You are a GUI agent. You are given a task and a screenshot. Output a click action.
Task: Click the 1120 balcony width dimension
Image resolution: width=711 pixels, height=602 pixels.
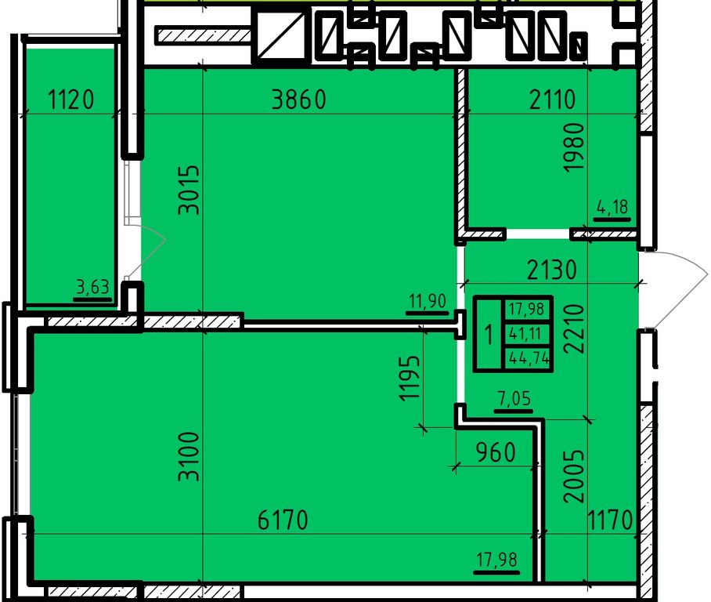point(70,100)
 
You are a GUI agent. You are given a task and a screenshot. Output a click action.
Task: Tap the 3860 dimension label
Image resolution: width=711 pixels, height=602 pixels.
point(299,100)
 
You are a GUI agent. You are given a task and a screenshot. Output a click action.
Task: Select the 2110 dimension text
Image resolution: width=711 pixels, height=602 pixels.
point(552,100)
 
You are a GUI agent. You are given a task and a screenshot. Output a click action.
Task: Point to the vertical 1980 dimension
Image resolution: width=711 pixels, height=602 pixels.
point(573,147)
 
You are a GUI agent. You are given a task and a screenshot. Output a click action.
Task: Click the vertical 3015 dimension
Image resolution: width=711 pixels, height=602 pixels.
point(189,190)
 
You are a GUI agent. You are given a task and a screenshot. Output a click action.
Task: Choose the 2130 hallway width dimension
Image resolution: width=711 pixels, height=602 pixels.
point(552,270)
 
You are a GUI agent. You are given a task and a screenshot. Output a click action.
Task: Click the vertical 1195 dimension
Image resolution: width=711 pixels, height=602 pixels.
point(410,378)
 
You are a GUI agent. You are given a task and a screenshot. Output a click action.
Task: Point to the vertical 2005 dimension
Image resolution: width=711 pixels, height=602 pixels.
point(573,476)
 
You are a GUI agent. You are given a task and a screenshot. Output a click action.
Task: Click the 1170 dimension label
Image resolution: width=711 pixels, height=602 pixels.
point(610,520)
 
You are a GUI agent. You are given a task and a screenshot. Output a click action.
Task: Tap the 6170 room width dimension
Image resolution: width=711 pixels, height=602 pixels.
point(283,520)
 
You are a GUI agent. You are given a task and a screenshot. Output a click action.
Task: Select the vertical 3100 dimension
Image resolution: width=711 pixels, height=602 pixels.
point(189,456)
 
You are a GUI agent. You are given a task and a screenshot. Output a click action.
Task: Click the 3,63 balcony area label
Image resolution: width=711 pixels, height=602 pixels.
point(93,288)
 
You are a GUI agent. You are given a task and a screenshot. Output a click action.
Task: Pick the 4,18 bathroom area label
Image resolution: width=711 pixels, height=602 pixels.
point(612,208)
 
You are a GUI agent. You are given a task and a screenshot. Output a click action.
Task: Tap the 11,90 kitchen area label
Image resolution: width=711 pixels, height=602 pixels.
point(427,301)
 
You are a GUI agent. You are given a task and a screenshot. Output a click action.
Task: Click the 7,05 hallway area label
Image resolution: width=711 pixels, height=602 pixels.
point(514,399)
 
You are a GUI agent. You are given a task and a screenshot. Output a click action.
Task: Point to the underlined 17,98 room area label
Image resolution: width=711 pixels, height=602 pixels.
point(497,560)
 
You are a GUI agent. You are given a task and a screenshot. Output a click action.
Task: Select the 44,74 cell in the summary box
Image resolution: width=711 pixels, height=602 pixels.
point(529,359)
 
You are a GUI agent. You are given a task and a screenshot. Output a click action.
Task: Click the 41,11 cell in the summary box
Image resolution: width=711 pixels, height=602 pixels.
point(525,334)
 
